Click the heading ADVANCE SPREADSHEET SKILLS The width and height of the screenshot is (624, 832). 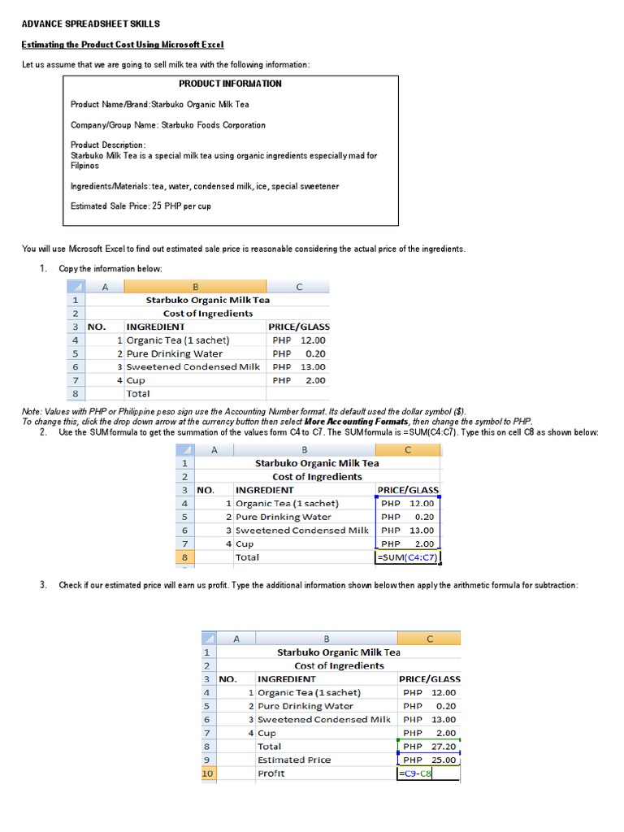coord(90,24)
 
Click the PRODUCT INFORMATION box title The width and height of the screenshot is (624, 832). coord(230,84)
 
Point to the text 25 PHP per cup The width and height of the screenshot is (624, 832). coord(181,206)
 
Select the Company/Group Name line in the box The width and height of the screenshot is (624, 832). coord(168,125)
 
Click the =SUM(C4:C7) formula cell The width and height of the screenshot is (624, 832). coord(407,557)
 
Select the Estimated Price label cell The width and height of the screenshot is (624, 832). coord(294,760)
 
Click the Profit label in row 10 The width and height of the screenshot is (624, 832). coord(271,773)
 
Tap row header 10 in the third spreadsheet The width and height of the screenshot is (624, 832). coord(206,773)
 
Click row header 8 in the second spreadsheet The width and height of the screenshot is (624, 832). coord(184,557)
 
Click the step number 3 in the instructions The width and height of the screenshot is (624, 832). coord(42,586)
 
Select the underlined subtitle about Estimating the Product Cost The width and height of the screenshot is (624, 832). coord(122,44)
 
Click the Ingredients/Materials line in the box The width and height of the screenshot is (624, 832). coord(205,186)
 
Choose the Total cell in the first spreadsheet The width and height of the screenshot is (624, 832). coord(138,393)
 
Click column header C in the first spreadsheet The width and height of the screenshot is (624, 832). coord(299,287)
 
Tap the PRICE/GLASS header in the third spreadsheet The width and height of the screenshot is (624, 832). coord(429,678)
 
